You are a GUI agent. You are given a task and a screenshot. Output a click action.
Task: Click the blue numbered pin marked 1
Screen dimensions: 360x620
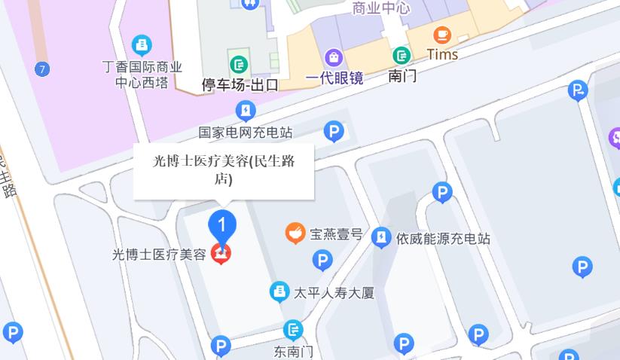[221, 224]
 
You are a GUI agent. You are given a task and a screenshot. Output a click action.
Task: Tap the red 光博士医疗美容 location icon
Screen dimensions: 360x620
[221, 255]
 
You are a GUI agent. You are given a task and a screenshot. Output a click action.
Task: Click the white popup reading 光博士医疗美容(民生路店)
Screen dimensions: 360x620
[224, 171]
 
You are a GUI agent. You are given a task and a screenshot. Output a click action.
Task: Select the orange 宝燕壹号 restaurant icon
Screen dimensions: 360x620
[295, 233]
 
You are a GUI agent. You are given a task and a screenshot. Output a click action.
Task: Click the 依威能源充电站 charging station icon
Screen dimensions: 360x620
[381, 238]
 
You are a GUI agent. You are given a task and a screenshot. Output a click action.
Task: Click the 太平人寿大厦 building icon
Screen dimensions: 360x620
[279, 291]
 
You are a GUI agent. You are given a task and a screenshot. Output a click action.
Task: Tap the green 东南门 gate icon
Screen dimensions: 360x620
[292, 330]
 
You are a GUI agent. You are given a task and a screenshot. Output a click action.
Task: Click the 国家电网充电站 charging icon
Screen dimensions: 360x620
[245, 111]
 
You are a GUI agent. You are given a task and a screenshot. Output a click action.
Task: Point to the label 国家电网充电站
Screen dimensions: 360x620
[245, 133]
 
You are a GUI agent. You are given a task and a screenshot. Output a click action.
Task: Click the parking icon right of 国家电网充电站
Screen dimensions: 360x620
[334, 133]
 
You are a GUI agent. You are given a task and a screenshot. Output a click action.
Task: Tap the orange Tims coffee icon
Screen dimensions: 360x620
[442, 35]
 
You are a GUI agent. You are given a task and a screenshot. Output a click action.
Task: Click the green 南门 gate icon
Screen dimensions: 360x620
[402, 55]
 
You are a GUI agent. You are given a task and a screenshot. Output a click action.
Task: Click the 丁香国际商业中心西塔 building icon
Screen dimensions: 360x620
[142, 45]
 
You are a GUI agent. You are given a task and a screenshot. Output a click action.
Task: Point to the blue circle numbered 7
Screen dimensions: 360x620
[42, 70]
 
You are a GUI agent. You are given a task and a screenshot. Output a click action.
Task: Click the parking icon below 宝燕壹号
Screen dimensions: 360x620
[322, 261]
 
